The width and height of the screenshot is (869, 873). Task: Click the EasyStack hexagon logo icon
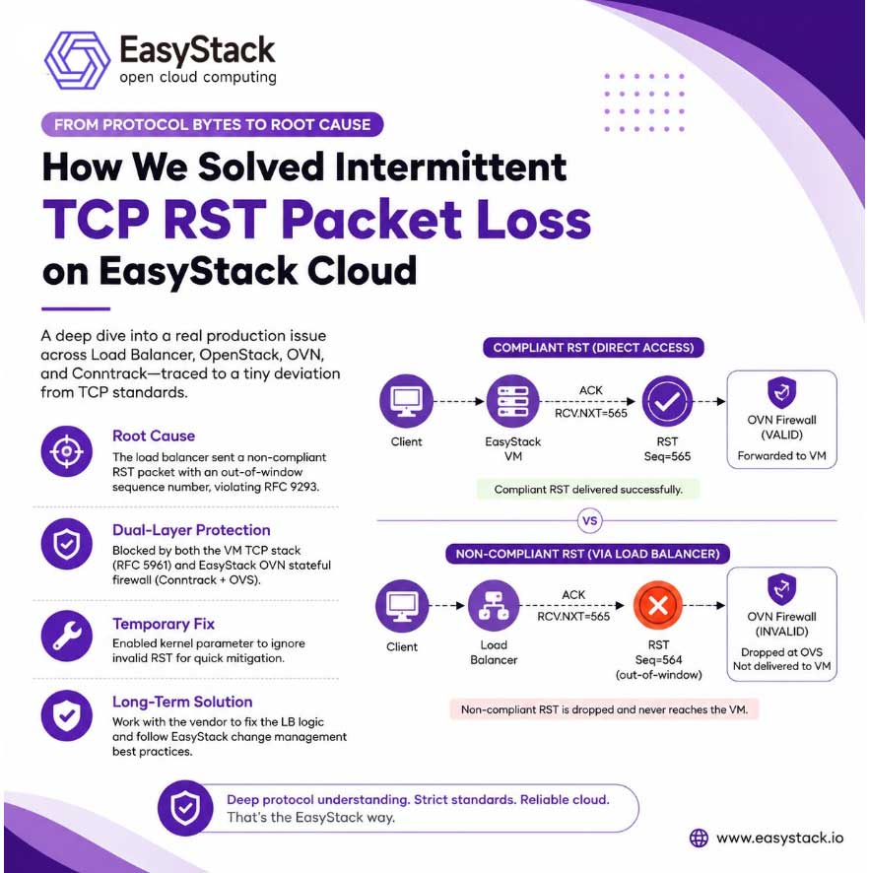tap(77, 60)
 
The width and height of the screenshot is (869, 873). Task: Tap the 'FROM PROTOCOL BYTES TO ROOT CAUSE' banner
tap(212, 124)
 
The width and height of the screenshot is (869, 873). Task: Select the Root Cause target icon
tap(66, 451)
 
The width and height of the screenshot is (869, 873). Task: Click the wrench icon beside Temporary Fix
tap(66, 636)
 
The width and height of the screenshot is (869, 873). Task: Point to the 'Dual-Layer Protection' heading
tap(191, 530)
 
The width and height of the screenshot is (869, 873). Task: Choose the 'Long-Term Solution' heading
tap(182, 702)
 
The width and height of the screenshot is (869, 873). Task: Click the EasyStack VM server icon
tap(512, 401)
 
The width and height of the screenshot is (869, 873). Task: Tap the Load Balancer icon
tap(494, 606)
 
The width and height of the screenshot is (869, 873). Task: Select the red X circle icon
tap(658, 605)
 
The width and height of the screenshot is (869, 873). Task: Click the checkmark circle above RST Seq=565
tap(667, 401)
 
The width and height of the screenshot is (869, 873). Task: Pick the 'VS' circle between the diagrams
tap(589, 521)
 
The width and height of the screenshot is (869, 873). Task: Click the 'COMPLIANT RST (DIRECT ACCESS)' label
tap(593, 348)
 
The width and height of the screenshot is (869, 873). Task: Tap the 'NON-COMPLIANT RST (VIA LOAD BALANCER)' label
tap(587, 554)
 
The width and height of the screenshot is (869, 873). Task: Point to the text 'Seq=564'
tap(658, 660)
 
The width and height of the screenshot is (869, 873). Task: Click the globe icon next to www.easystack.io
tap(699, 838)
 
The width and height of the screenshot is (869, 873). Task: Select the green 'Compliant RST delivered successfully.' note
tap(588, 490)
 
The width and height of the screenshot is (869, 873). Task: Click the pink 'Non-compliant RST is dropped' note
tap(604, 709)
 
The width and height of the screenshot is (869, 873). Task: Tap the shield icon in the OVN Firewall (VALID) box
tap(781, 392)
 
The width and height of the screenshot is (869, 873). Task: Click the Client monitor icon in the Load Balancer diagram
tap(401, 606)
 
